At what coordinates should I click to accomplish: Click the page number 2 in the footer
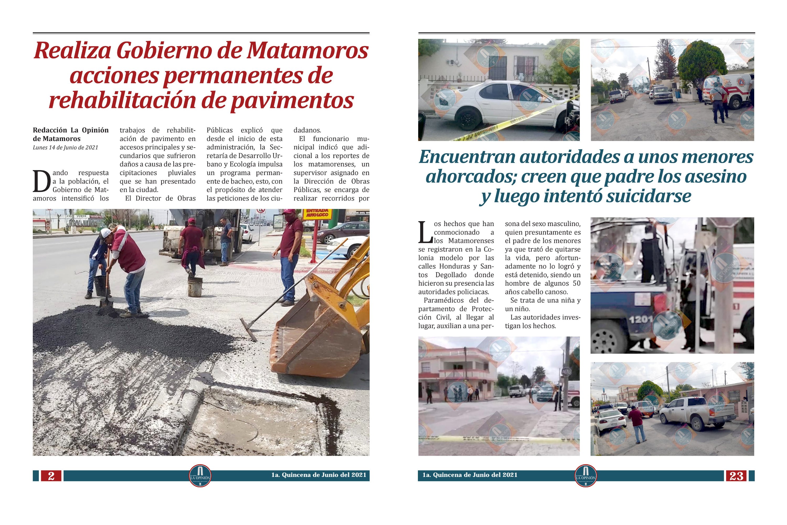coord(51,476)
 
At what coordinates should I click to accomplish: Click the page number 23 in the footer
coord(736,476)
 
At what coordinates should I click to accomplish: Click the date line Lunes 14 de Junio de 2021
coord(65,148)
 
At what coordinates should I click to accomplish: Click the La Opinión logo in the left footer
coord(200,476)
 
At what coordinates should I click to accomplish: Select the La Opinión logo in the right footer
coord(586,476)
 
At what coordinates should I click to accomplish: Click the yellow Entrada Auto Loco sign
coord(317,213)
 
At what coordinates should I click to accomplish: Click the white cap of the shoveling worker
coord(106,232)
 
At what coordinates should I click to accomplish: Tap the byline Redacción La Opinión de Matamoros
coord(71,134)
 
